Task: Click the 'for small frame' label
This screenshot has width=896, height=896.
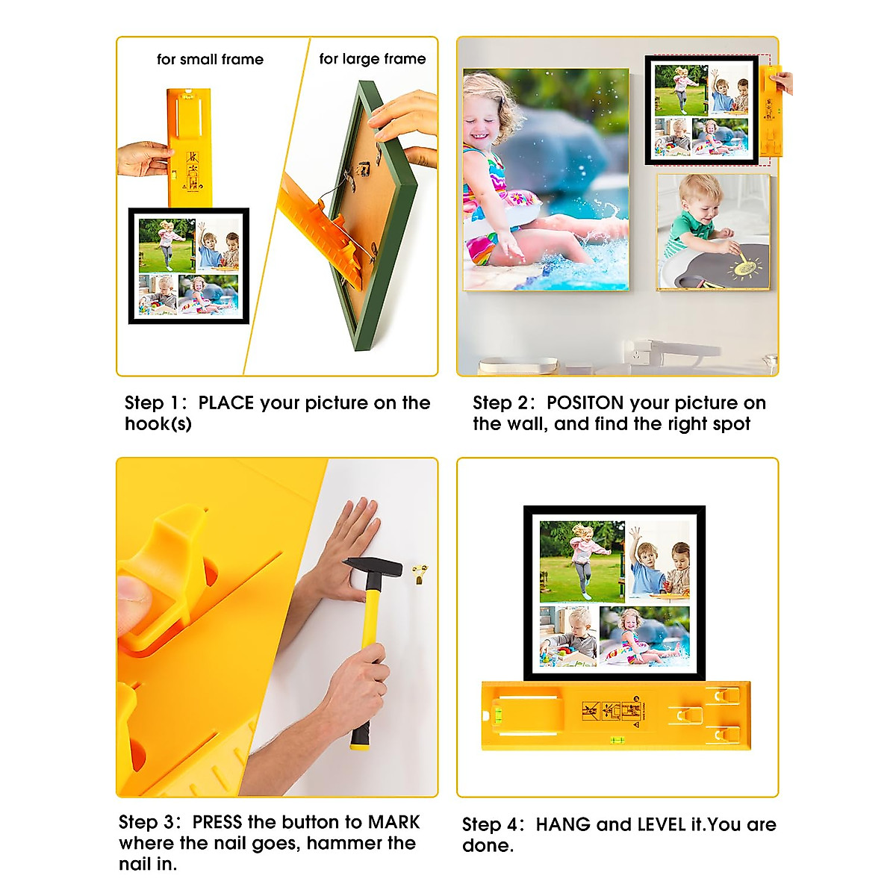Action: pos(210,60)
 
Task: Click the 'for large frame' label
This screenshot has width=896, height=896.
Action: pos(372,59)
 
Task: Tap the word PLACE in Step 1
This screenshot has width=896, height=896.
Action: pos(226,403)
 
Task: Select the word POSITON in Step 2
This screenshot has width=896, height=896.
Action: pos(585,403)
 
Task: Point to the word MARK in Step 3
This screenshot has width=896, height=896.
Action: pos(394,823)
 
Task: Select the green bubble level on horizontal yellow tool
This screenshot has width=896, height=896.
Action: pos(617,741)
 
